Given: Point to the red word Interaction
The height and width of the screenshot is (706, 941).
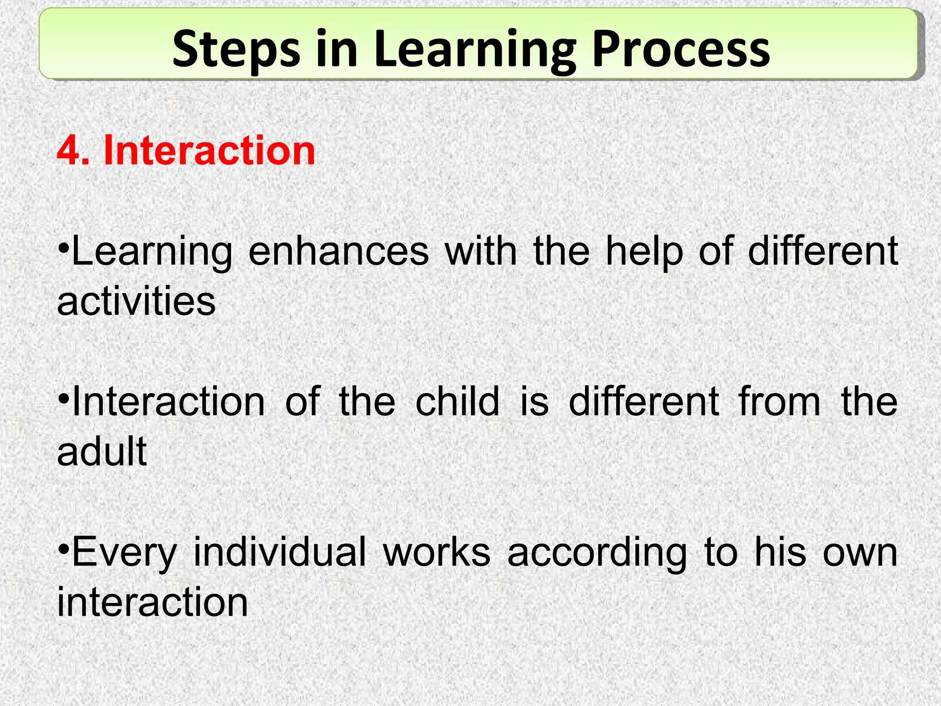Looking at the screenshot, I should click(x=210, y=150).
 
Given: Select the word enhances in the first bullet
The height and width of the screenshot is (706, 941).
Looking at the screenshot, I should click(x=339, y=251).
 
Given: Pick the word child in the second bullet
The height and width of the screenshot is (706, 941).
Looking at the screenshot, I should click(x=457, y=401).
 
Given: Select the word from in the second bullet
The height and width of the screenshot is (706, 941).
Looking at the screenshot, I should click(x=779, y=401).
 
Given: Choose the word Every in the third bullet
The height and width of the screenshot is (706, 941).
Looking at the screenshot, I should click(x=125, y=553).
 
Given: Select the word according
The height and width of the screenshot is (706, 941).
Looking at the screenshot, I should click(x=597, y=553).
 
